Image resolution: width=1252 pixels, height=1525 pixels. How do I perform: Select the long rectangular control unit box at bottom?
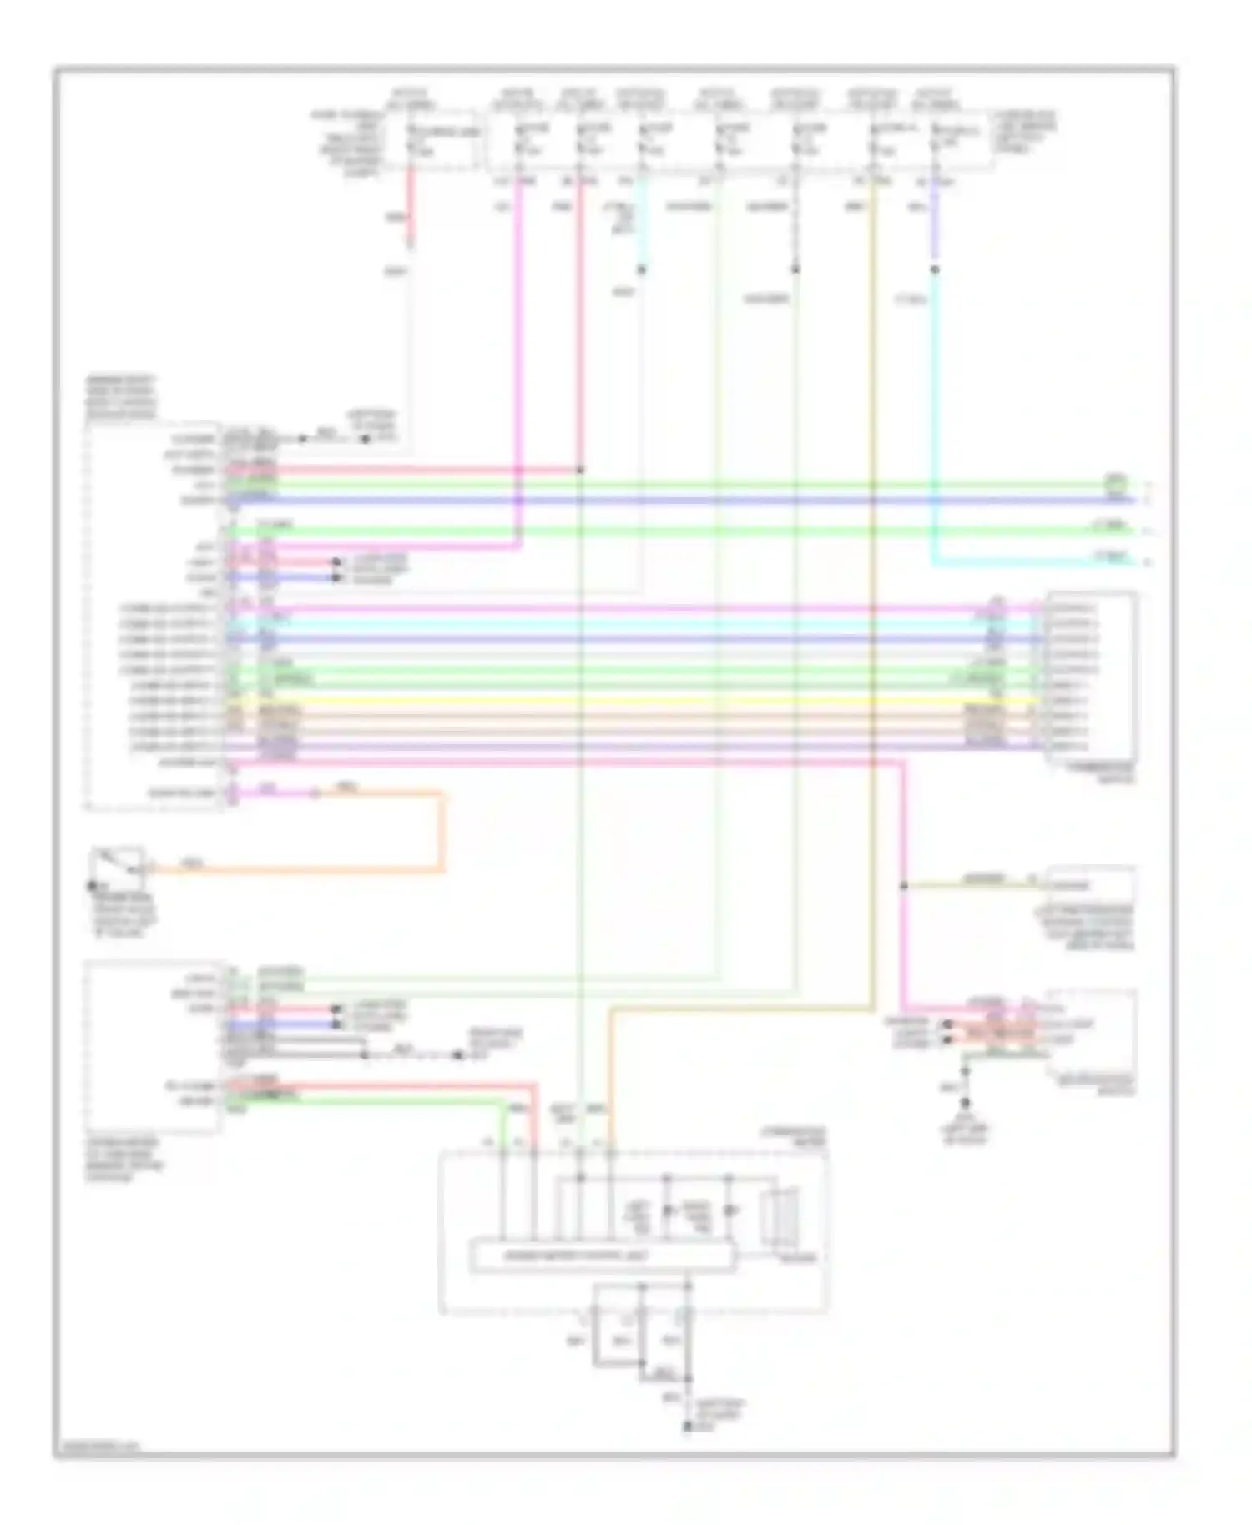603,1256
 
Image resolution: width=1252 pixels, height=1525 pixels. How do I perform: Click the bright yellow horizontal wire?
634,701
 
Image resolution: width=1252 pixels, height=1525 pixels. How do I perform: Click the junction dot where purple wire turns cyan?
934,269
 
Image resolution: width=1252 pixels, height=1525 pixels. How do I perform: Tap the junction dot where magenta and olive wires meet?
903,885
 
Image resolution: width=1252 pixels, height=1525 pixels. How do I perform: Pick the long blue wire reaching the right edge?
668,500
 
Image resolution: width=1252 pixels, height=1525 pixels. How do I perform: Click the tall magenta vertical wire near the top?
518,334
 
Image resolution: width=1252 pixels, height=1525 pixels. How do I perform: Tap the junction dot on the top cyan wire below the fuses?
642,269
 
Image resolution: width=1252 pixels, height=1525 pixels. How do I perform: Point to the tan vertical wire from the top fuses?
872,584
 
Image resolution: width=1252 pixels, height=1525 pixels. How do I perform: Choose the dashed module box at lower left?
152,1046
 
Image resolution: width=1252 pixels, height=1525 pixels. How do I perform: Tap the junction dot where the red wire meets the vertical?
580,470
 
